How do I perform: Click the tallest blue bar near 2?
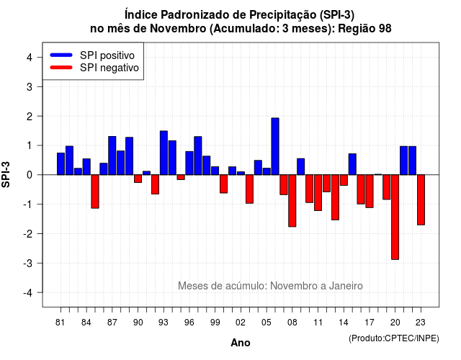tap(275, 146)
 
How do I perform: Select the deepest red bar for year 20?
tap(395, 217)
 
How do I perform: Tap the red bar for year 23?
tap(421, 200)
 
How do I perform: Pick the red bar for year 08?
tap(292, 201)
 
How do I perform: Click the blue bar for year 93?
tap(164, 153)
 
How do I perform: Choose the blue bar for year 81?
tap(61, 163)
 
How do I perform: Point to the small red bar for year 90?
tap(138, 179)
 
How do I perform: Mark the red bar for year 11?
tap(318, 193)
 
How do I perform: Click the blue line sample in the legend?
tap(61, 55)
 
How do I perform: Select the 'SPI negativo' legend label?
tap(109, 68)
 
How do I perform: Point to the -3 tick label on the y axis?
tap(28, 264)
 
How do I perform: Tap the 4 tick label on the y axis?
tap(30, 58)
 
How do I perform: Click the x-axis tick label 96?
tap(189, 323)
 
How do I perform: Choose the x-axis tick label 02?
tap(241, 323)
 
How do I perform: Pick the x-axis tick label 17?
tap(370, 323)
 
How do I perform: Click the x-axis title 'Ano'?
tap(241, 343)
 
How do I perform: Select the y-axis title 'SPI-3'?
tap(6, 174)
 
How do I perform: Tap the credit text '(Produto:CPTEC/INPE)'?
tap(394, 338)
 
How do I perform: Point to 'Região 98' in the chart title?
tap(364, 29)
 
